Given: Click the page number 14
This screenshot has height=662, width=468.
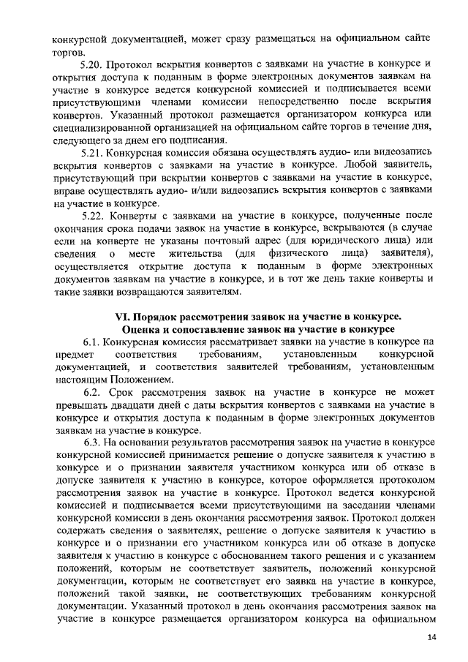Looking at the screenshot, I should point(431,638).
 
